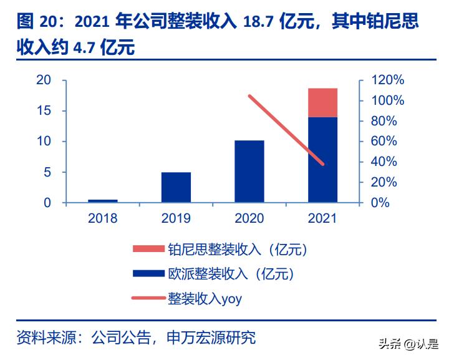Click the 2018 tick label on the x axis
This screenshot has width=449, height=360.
(103, 218)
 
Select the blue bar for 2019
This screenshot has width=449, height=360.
(176, 187)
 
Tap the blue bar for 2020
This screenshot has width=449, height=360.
(249, 172)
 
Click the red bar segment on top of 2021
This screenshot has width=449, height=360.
(323, 103)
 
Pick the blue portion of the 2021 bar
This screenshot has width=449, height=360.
(323, 160)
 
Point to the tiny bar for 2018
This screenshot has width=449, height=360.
(103, 201)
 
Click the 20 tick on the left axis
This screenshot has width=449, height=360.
(44, 80)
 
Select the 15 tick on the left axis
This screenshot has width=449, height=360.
(44, 110)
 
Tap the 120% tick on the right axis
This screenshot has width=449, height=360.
(387, 80)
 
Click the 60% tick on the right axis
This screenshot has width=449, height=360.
(384, 141)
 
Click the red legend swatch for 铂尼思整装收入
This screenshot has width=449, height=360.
(148, 250)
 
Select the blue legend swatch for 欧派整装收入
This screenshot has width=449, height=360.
(148, 274)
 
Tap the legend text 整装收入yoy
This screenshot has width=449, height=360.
(205, 299)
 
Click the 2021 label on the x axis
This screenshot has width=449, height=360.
(323, 218)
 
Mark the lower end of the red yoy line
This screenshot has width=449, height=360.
(323, 164)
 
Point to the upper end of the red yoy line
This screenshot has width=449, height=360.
(249, 96)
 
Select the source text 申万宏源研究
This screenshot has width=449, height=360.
(212, 338)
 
